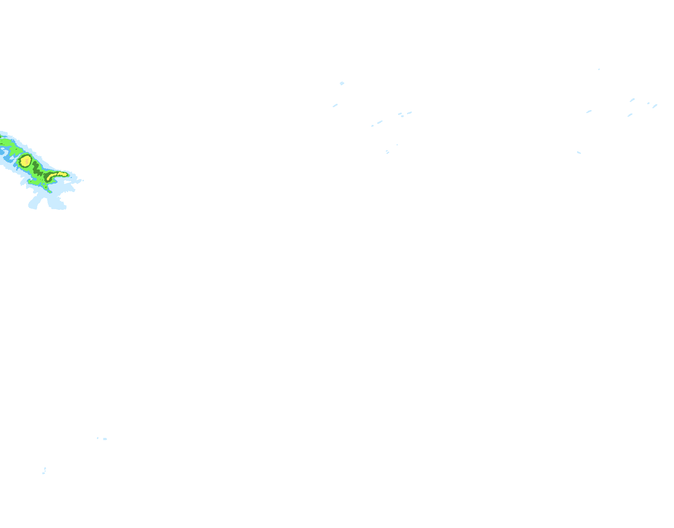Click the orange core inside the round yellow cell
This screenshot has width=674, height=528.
click(25, 161)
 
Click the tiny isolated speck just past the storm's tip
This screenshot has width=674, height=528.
click(83, 181)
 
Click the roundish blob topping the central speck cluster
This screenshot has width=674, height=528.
click(342, 83)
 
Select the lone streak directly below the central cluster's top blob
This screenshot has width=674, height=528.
click(335, 106)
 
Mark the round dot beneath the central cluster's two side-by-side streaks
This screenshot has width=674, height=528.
click(402, 116)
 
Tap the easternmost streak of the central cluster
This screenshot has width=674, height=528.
click(409, 113)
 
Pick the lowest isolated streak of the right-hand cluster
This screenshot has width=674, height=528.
click(579, 152)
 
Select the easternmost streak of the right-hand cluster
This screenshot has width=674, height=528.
click(655, 106)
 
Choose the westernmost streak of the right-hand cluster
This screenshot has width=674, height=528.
click(589, 111)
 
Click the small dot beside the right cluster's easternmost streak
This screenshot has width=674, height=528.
click(648, 103)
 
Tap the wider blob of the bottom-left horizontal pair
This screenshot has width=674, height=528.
click(105, 439)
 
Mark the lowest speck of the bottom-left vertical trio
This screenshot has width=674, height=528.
click(43, 473)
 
